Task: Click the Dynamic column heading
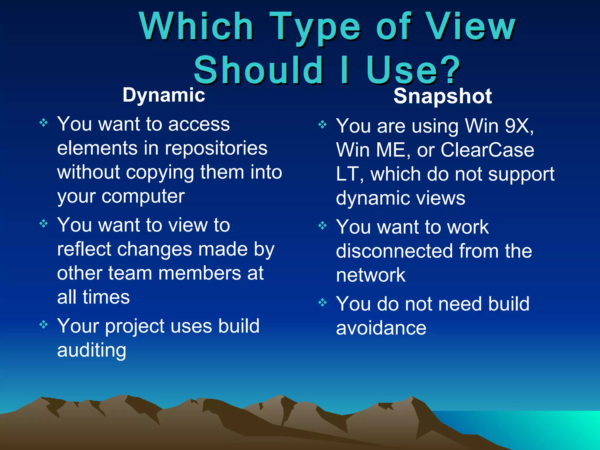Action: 164,95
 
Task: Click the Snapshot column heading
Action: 442,96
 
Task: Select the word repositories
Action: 216,148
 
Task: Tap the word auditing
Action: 91,350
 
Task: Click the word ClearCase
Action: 487,150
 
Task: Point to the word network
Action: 371,275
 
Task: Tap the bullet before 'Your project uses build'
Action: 43,325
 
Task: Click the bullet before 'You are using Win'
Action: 322,125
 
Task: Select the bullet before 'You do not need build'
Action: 322,302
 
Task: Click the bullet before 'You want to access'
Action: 43,122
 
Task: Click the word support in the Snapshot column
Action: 521,174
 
